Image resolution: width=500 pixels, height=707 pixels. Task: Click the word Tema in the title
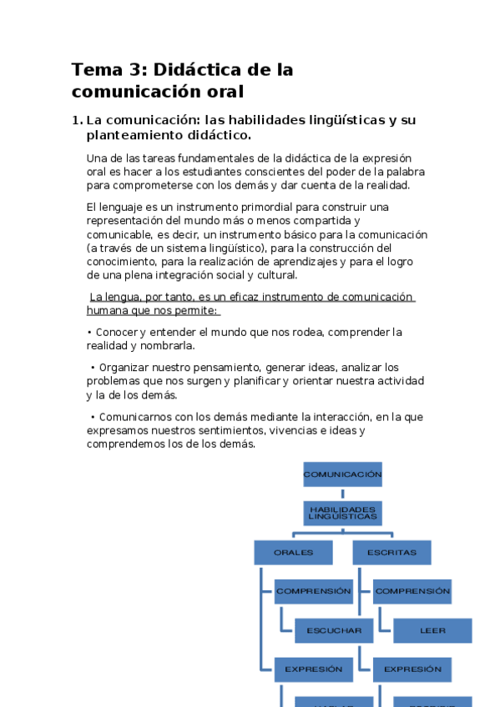[95, 69]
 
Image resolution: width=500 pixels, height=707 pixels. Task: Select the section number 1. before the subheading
[77, 120]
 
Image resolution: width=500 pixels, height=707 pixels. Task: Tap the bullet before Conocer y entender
[89, 332]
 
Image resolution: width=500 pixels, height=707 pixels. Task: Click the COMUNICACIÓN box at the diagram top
[342, 474]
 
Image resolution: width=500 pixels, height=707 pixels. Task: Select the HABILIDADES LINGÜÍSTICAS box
[342, 513]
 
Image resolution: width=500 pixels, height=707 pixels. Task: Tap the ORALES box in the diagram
[293, 552]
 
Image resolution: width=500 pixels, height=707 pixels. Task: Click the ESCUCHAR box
[333, 630]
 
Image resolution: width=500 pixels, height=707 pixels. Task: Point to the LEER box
[432, 630]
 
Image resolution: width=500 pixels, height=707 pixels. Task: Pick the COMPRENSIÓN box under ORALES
[313, 591]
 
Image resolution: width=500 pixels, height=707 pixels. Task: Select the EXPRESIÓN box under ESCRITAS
[412, 669]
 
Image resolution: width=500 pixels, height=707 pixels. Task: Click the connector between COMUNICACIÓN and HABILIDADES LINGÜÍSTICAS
[342, 494]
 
